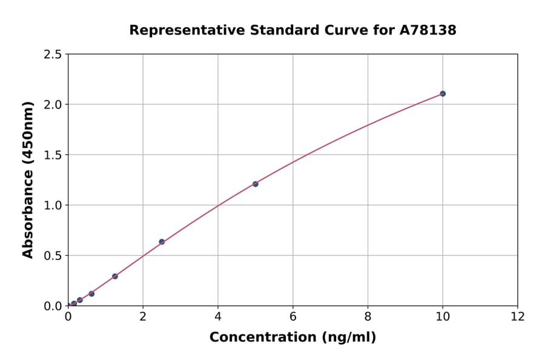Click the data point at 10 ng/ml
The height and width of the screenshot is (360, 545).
coord(443,93)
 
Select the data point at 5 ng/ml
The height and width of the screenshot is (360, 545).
coord(256,184)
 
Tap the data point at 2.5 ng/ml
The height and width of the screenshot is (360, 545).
coord(162,242)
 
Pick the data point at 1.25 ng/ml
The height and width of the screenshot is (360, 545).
coord(115,276)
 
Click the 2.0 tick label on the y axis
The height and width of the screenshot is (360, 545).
coord(53,105)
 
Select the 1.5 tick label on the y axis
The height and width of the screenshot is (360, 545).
coord(53,155)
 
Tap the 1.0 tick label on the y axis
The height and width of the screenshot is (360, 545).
coord(53,205)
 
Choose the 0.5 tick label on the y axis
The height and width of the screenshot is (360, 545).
coord(53,256)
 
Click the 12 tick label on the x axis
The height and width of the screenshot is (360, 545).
coord(518,316)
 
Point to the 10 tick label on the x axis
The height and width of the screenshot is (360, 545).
coord(443,316)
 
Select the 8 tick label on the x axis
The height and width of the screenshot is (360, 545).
coord(368,316)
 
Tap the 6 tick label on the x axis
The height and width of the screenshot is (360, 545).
coord(293,316)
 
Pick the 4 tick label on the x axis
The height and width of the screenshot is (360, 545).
coord(218,316)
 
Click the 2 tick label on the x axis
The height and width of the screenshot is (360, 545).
coord(143,316)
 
